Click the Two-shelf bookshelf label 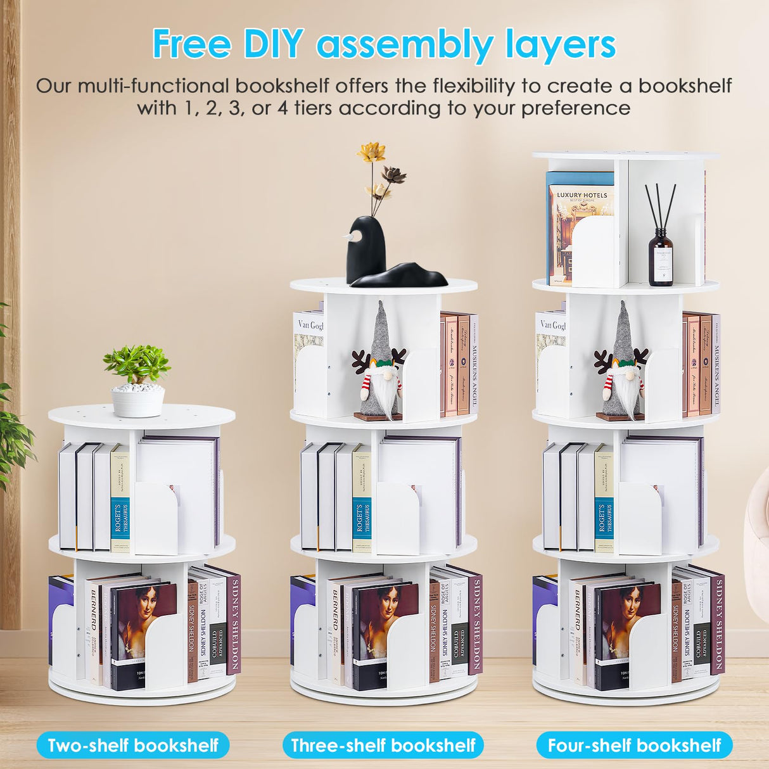click(x=133, y=745)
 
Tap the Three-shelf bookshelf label click(x=383, y=745)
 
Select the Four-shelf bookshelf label click(x=634, y=745)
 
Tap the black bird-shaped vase click(x=366, y=250)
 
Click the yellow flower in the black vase click(x=371, y=152)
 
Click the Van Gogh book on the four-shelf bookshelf click(x=550, y=355)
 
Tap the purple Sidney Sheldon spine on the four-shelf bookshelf click(x=717, y=624)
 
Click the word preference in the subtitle click(x=576, y=108)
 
